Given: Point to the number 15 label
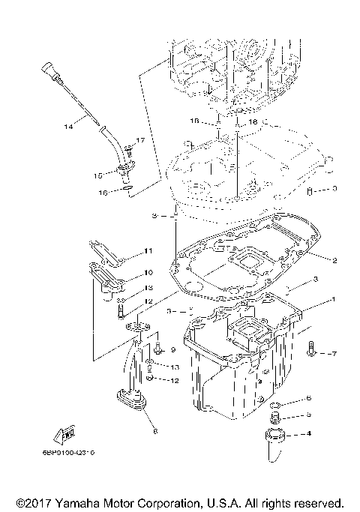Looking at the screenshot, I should click(x=98, y=175).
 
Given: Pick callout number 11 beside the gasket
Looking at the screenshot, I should click(x=148, y=250).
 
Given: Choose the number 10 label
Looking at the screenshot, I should click(x=148, y=272).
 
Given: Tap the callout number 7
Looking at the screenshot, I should click(x=334, y=352).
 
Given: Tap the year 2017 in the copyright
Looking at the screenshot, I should click(x=34, y=502).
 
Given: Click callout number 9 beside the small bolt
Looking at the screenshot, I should click(x=172, y=349).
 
